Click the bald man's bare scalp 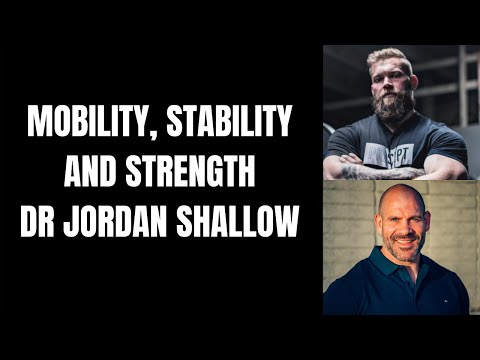pos(400,196)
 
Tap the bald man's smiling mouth pos(402,244)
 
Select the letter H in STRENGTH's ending pos(249,174)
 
